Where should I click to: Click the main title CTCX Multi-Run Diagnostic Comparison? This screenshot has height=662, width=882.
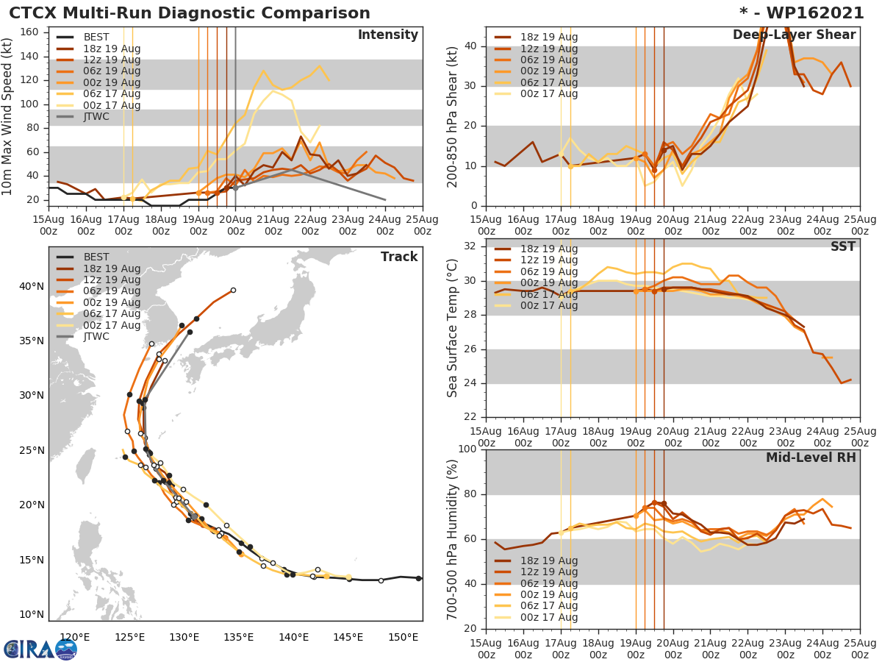190,13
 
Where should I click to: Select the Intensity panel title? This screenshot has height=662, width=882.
387,35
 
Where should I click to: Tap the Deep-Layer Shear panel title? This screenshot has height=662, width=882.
794,35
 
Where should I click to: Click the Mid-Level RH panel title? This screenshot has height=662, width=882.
811,458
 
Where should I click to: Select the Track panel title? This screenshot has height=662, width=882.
399,257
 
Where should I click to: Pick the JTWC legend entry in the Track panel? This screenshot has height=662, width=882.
96,337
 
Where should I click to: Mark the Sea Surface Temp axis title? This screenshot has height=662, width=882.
453,327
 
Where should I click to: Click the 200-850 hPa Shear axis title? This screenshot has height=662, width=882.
453,116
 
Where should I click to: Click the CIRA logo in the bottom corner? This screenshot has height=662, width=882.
40,649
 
